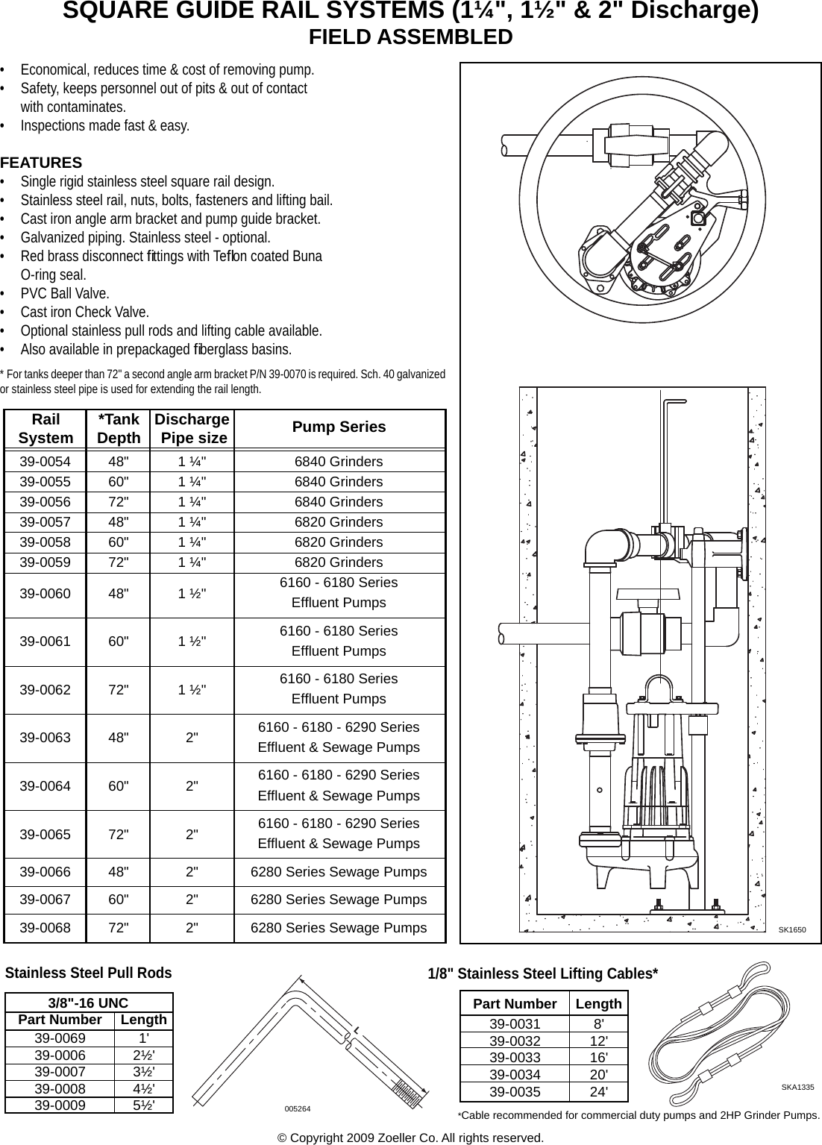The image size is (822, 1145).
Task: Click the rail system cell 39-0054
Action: tap(45, 462)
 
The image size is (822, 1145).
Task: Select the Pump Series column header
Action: tap(339, 427)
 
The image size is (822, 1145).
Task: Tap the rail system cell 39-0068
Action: tap(45, 928)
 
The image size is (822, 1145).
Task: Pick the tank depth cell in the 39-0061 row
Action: tap(118, 641)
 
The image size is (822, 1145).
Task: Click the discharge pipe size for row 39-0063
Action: tap(192, 738)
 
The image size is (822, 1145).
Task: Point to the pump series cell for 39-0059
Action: tap(339, 562)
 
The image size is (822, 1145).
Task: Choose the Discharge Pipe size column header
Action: tap(192, 429)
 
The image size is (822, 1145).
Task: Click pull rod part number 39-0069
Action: tap(60, 1038)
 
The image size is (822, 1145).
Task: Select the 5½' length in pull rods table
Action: tap(144, 1105)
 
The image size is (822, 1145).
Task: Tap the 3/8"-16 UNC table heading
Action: tap(88, 1003)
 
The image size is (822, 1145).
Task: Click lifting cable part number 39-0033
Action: tap(515, 1058)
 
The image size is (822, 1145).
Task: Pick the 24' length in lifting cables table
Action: tap(598, 1092)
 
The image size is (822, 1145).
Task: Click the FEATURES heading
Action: tap(41, 163)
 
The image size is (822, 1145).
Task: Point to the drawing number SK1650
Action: tap(791, 930)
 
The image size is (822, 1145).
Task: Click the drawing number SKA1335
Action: tap(797, 1088)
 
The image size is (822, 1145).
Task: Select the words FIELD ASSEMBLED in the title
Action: tap(410, 37)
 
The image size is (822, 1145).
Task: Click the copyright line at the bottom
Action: tap(410, 1138)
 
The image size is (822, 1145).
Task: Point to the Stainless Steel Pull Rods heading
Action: tap(88, 973)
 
